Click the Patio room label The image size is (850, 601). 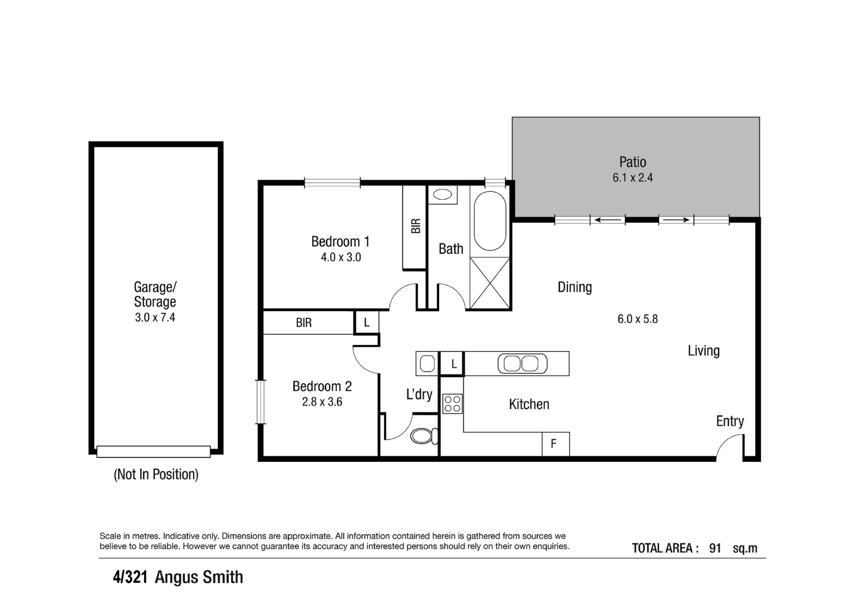(632, 162)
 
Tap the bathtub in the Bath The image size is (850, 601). (490, 221)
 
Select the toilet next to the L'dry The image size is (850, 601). (424, 436)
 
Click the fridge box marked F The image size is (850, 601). (556, 444)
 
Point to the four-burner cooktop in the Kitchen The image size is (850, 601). (453, 403)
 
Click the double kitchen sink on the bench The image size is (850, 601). (522, 363)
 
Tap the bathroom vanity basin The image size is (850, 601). (443, 195)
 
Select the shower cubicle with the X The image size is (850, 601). (490, 283)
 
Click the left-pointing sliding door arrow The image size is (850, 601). (607, 220)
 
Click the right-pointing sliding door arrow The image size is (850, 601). (676, 220)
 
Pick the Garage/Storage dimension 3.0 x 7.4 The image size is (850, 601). (155, 317)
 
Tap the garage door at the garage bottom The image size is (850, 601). (154, 451)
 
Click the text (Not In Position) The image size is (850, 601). (156, 474)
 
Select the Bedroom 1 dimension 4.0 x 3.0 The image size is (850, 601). (341, 257)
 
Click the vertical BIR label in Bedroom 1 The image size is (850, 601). (416, 226)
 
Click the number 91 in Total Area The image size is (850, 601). (715, 548)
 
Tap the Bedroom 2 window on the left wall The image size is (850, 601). (261, 402)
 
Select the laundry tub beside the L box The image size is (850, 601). (428, 363)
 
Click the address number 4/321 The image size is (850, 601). (130, 577)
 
